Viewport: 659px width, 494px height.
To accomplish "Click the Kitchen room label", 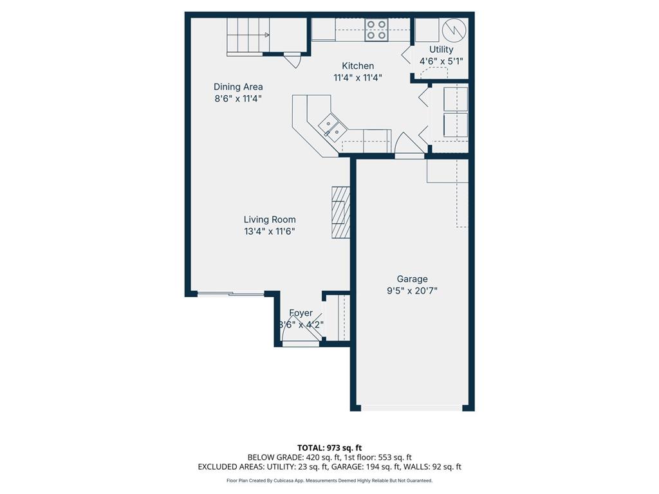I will (357, 66).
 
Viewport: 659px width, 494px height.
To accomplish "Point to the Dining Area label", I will (238, 87).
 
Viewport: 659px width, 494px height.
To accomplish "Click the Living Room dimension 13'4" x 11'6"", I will (269, 232).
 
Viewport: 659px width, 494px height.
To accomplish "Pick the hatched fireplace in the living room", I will (340, 213).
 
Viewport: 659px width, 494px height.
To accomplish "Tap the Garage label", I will (412, 279).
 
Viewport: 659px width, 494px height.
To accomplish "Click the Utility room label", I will (441, 49).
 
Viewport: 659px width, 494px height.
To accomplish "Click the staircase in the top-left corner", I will (248, 36).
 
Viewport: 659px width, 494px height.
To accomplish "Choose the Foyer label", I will (301, 313).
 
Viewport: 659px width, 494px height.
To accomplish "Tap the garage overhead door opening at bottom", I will (412, 407).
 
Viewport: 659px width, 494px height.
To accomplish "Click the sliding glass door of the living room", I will (230, 295).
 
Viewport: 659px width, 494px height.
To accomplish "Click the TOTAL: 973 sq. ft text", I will (329, 448).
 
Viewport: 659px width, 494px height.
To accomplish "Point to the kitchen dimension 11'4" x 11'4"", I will (357, 78).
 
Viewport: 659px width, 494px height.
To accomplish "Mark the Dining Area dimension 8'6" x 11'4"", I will (238, 98).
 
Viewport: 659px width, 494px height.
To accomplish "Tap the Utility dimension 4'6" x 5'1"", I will (441, 61).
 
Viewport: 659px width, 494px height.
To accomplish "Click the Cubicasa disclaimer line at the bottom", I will (329, 480).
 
